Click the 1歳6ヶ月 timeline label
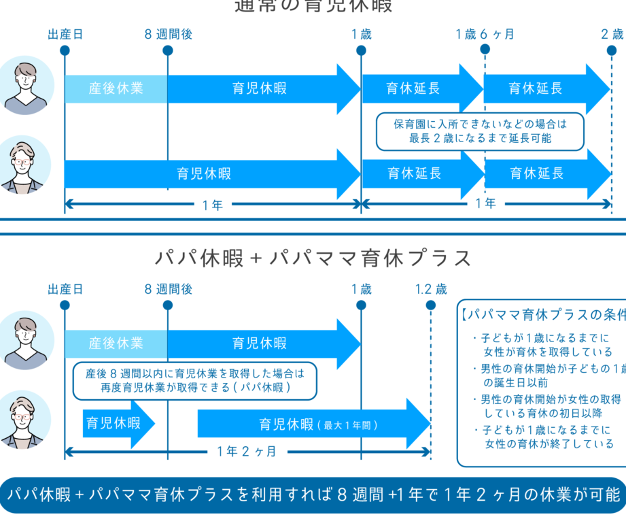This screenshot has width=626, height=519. (x=485, y=34)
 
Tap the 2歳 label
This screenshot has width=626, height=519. (x=612, y=34)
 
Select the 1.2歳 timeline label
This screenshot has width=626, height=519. (x=431, y=289)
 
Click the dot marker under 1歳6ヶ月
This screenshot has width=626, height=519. (x=485, y=50)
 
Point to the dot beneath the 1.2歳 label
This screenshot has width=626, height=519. (x=430, y=305)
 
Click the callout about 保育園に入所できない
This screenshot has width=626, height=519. (x=480, y=131)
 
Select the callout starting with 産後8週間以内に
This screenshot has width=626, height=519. (x=194, y=381)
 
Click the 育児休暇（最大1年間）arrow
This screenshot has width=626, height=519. (x=313, y=424)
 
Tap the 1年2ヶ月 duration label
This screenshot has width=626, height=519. (x=247, y=452)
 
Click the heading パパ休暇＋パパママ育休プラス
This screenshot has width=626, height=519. (x=313, y=258)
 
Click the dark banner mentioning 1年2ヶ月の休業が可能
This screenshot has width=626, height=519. (x=313, y=495)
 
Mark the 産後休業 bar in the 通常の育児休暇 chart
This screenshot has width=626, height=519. (x=116, y=88)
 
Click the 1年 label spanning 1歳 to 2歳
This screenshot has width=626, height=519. (x=485, y=203)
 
